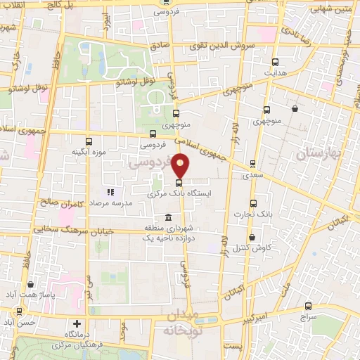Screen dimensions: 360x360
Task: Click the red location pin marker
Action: [x=181, y=167]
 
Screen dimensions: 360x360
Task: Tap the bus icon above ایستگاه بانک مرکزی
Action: [x=178, y=183]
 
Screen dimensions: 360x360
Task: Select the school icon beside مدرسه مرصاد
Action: [x=110, y=192]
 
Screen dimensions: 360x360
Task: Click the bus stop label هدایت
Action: [x=276, y=72]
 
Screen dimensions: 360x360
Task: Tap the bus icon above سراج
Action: [x=309, y=306]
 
